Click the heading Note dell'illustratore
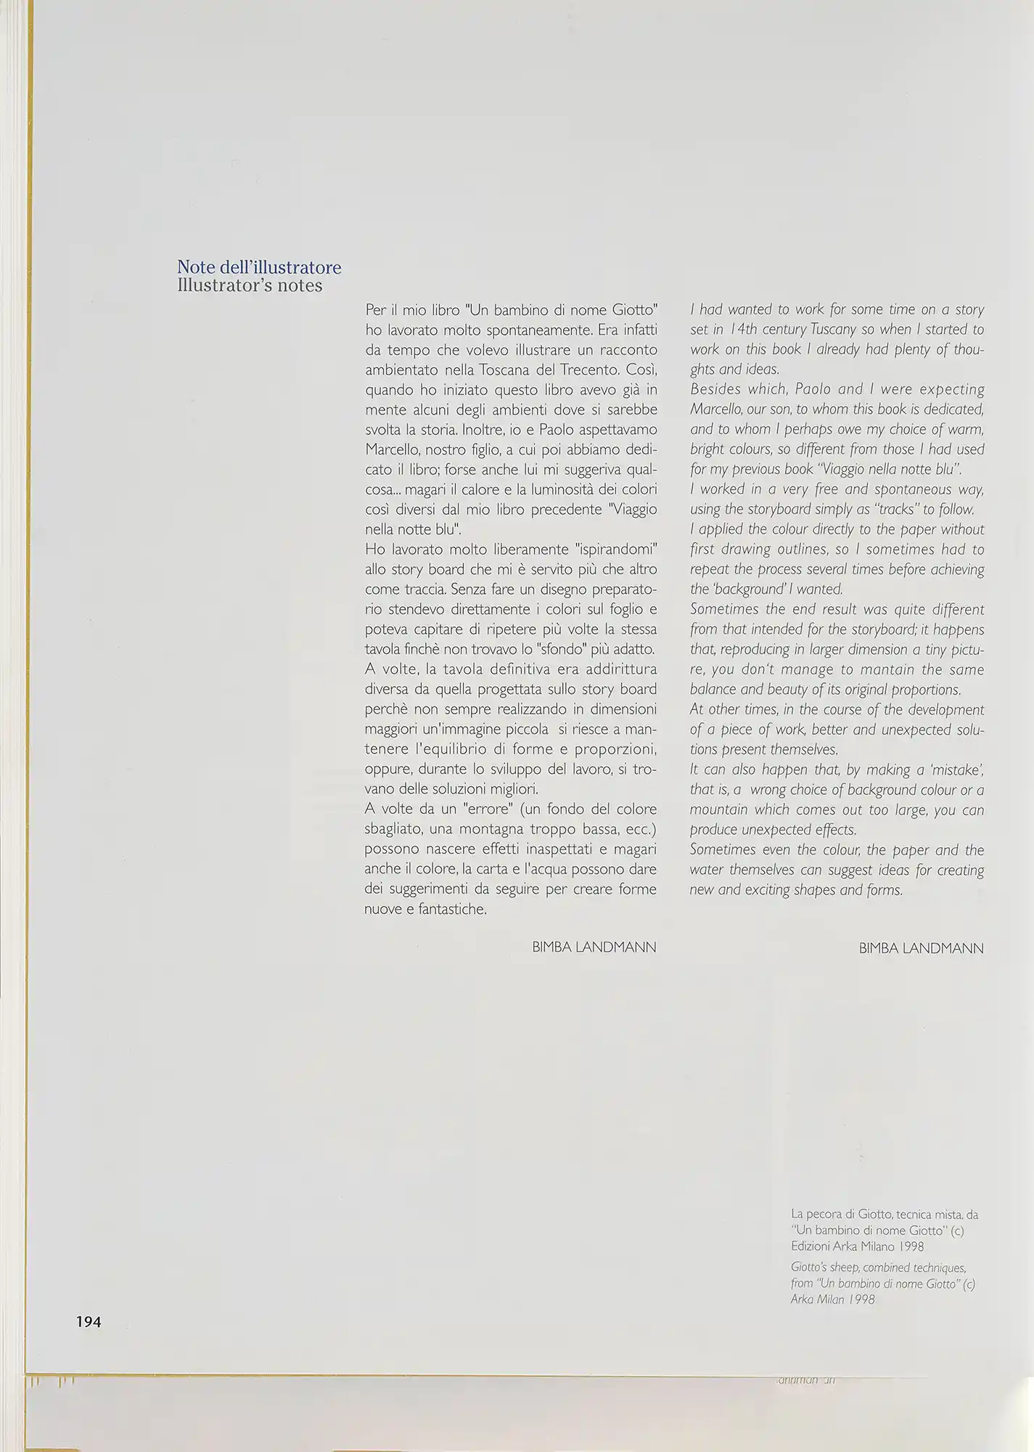click(x=259, y=268)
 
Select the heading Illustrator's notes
click(x=250, y=286)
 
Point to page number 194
click(x=89, y=1322)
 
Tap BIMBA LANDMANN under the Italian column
click(x=594, y=947)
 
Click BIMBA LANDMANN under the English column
click(x=921, y=948)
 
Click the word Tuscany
click(x=834, y=330)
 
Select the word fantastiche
click(x=451, y=909)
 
